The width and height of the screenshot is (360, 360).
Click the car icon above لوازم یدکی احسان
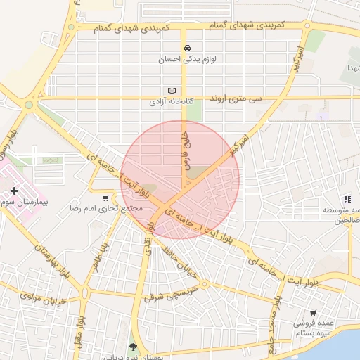pyautogui.click(x=187, y=48)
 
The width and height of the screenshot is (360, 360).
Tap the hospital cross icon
pyautogui.click(x=14, y=191)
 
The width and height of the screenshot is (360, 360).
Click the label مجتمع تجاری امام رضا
pyautogui.click(x=105, y=209)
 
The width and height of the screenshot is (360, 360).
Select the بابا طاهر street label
pyautogui.click(x=99, y=257)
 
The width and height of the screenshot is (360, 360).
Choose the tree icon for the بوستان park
pyautogui.click(x=134, y=346)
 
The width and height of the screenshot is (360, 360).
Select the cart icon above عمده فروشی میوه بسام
pyautogui.click(x=313, y=313)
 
